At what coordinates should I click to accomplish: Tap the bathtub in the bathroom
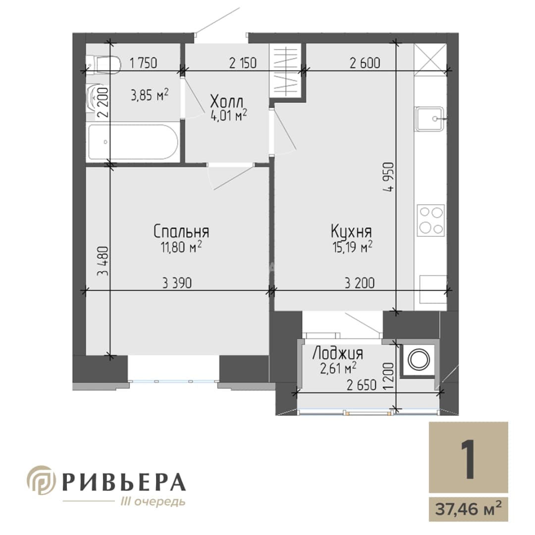[133, 142]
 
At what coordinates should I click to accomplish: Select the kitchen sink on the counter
[430, 118]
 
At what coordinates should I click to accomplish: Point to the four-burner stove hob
[431, 220]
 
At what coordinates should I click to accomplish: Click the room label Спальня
[181, 231]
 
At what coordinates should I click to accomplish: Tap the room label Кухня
[351, 232]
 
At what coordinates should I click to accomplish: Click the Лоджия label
[338, 354]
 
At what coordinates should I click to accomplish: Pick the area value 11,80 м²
[181, 247]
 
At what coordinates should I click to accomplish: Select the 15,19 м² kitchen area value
[352, 247]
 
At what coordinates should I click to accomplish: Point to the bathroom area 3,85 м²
[150, 95]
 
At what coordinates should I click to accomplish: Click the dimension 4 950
[389, 177]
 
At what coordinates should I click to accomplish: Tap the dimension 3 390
[177, 283]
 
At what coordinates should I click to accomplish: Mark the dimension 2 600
[365, 63]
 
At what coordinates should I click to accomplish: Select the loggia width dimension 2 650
[361, 385]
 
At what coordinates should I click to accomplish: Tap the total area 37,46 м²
[468, 510]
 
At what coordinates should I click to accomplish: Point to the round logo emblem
[42, 480]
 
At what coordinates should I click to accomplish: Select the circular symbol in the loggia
[419, 360]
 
